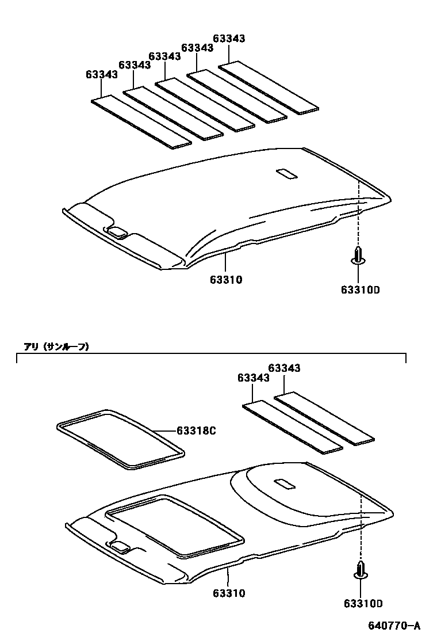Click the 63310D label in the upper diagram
359,290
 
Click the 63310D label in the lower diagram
363,603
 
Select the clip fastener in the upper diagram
358,257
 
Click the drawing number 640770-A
394,626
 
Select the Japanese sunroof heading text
56,346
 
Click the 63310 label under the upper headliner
225,280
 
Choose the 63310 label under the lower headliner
229,593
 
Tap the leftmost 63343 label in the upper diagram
102,74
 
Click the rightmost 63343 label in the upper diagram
229,39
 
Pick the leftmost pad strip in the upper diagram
141,122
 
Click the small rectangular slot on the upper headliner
286,173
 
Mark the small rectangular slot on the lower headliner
286,485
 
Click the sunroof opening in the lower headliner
176,525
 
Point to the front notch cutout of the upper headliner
117,232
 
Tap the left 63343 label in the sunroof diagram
253,378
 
